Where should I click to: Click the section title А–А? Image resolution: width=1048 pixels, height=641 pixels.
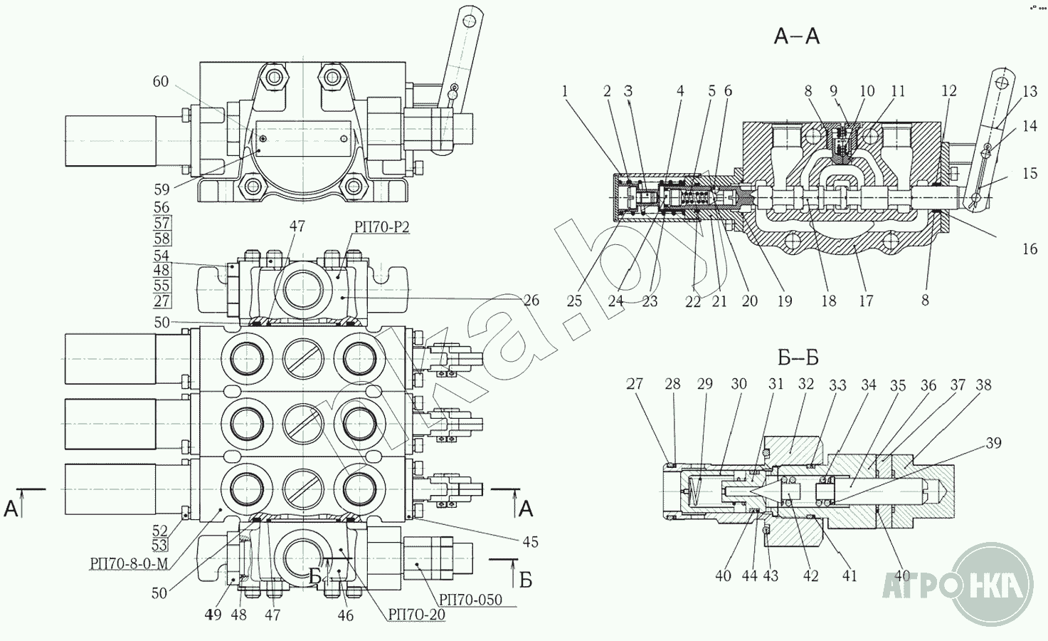pos(796,36)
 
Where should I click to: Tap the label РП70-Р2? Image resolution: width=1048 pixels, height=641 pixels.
pos(381,228)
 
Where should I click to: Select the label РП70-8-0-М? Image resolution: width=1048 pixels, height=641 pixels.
pos(129,563)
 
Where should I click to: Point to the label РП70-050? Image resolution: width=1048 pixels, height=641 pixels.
pos(470,600)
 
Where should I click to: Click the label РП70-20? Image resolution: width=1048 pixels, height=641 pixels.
pos(417,615)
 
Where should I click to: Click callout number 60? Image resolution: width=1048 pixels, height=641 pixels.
pos(161,82)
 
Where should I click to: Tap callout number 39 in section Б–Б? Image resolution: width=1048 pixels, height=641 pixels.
pos(993,443)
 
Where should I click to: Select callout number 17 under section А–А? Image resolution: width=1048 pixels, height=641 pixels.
pos(865,301)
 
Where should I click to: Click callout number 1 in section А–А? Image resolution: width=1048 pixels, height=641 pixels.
pos(565,91)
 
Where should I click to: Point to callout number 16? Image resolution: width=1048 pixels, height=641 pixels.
pos(1030,249)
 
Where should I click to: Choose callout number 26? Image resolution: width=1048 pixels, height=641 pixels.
pos(531,301)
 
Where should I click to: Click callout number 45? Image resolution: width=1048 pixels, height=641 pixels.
pos(530,542)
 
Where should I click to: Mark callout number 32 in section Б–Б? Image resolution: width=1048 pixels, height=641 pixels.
pos(805,385)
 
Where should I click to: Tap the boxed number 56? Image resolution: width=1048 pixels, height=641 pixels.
pos(162,207)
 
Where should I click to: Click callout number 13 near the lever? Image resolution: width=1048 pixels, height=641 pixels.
pos(1030,91)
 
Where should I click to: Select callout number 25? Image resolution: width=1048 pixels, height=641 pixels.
pos(574,301)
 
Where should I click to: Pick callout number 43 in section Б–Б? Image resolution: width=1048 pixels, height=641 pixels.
pos(771,575)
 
